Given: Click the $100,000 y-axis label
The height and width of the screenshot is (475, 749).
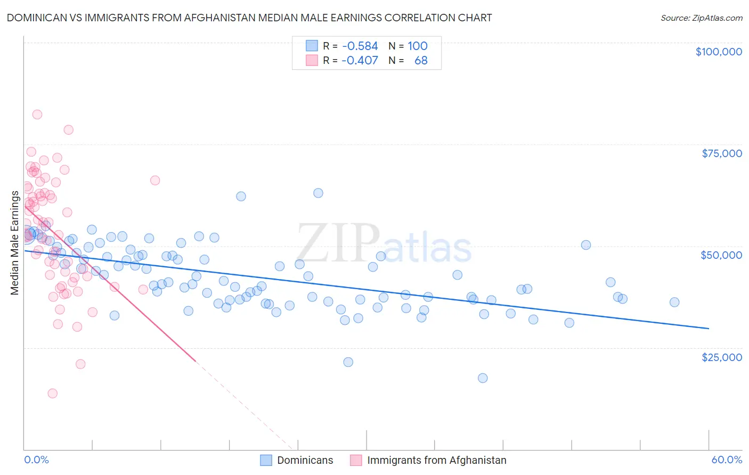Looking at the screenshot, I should [719, 52].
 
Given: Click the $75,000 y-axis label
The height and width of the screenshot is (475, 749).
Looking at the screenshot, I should [722, 153].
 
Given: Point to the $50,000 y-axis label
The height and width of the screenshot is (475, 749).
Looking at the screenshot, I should [721, 255].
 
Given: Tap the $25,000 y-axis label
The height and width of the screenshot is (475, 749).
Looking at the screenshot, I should [722, 357].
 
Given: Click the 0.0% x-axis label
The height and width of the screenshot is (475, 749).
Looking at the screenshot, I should [36, 460].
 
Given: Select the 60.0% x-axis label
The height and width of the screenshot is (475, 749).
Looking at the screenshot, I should [727, 460].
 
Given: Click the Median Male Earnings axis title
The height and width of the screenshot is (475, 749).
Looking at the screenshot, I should [15, 243].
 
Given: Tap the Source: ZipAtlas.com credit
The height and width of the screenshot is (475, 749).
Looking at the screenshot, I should [701, 18].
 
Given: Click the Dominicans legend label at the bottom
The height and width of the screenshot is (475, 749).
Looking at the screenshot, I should [305, 460].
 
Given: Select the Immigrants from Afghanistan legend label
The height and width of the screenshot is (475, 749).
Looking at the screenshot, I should [436, 460].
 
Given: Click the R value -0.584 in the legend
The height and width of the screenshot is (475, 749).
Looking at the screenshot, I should [360, 46].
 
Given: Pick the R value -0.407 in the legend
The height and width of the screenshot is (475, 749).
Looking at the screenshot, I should [360, 60].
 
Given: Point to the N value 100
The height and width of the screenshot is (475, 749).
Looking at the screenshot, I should [418, 46].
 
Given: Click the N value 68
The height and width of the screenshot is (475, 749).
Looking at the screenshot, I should [421, 60].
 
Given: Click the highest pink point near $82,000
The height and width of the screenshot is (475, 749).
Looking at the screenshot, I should [37, 114].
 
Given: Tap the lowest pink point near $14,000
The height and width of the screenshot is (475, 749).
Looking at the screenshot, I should [52, 394].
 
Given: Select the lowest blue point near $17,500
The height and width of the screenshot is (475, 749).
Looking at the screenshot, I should [483, 378].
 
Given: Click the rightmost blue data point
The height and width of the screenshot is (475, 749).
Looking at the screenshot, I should [674, 302].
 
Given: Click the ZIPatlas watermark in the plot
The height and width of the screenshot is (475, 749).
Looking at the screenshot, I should [384, 244].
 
